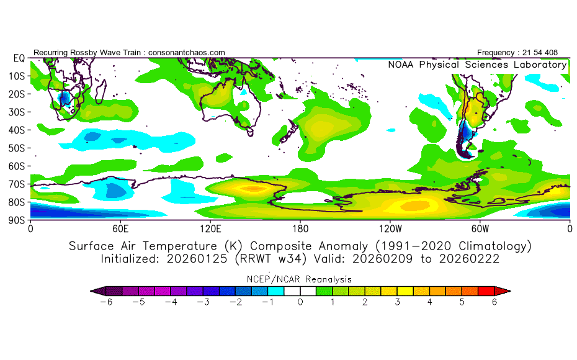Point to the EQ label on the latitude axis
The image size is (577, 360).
tap(18, 58)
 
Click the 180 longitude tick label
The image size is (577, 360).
tap(300, 228)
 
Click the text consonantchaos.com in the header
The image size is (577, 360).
tap(187, 52)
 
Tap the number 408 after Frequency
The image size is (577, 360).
tap(558, 52)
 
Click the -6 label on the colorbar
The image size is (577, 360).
tap(110, 302)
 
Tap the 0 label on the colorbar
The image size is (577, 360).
tap(300, 302)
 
